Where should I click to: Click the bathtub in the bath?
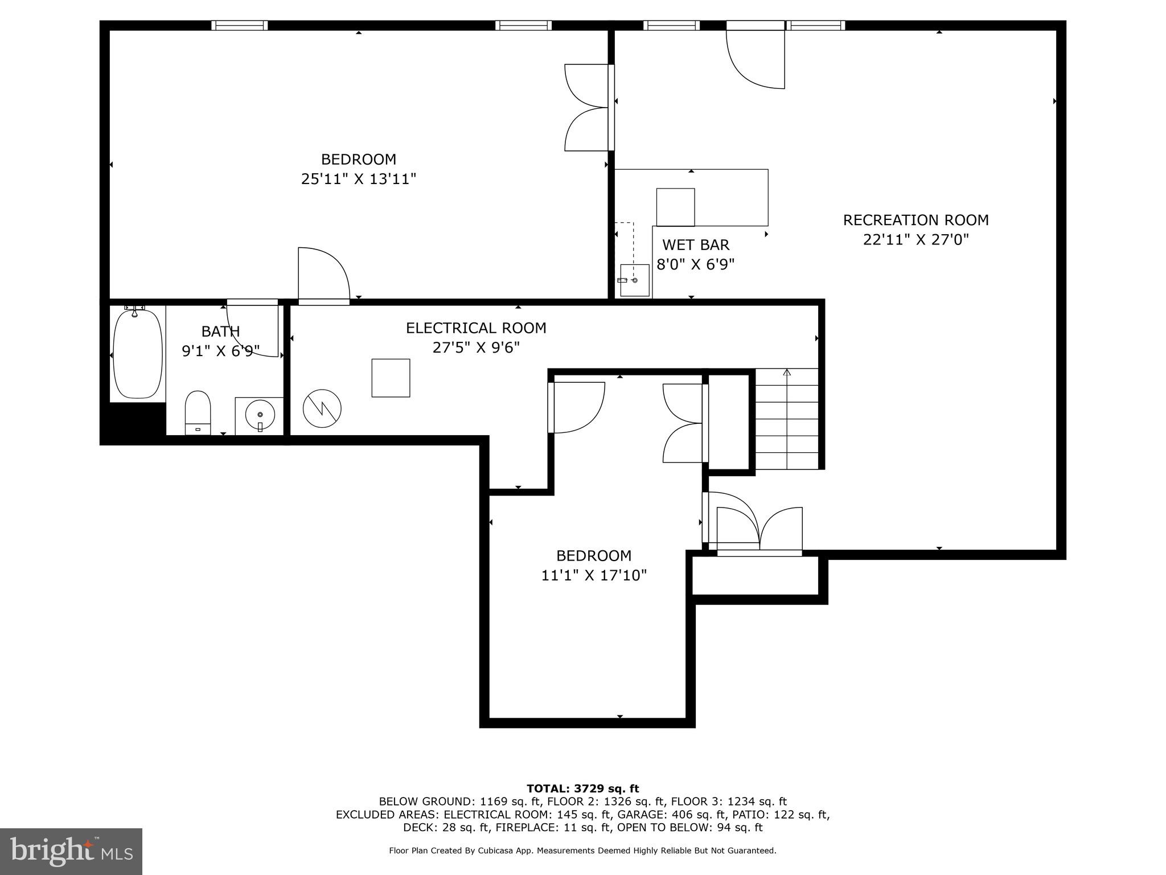137,353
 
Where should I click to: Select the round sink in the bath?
260,415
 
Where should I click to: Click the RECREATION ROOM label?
915,220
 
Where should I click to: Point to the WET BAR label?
695,245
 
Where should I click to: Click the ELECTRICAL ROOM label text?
476,328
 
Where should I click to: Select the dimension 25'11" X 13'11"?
359,179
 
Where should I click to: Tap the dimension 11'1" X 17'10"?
594,575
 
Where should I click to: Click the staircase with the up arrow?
786,419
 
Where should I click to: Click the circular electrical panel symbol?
322,408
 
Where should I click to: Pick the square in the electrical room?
391,378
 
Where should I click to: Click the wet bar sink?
634,280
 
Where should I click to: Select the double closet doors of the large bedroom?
586,107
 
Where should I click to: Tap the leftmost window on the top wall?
239,25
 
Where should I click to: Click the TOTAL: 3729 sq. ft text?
582,788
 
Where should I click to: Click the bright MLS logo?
71,851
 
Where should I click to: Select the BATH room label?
220,332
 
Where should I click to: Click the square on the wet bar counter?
675,207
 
